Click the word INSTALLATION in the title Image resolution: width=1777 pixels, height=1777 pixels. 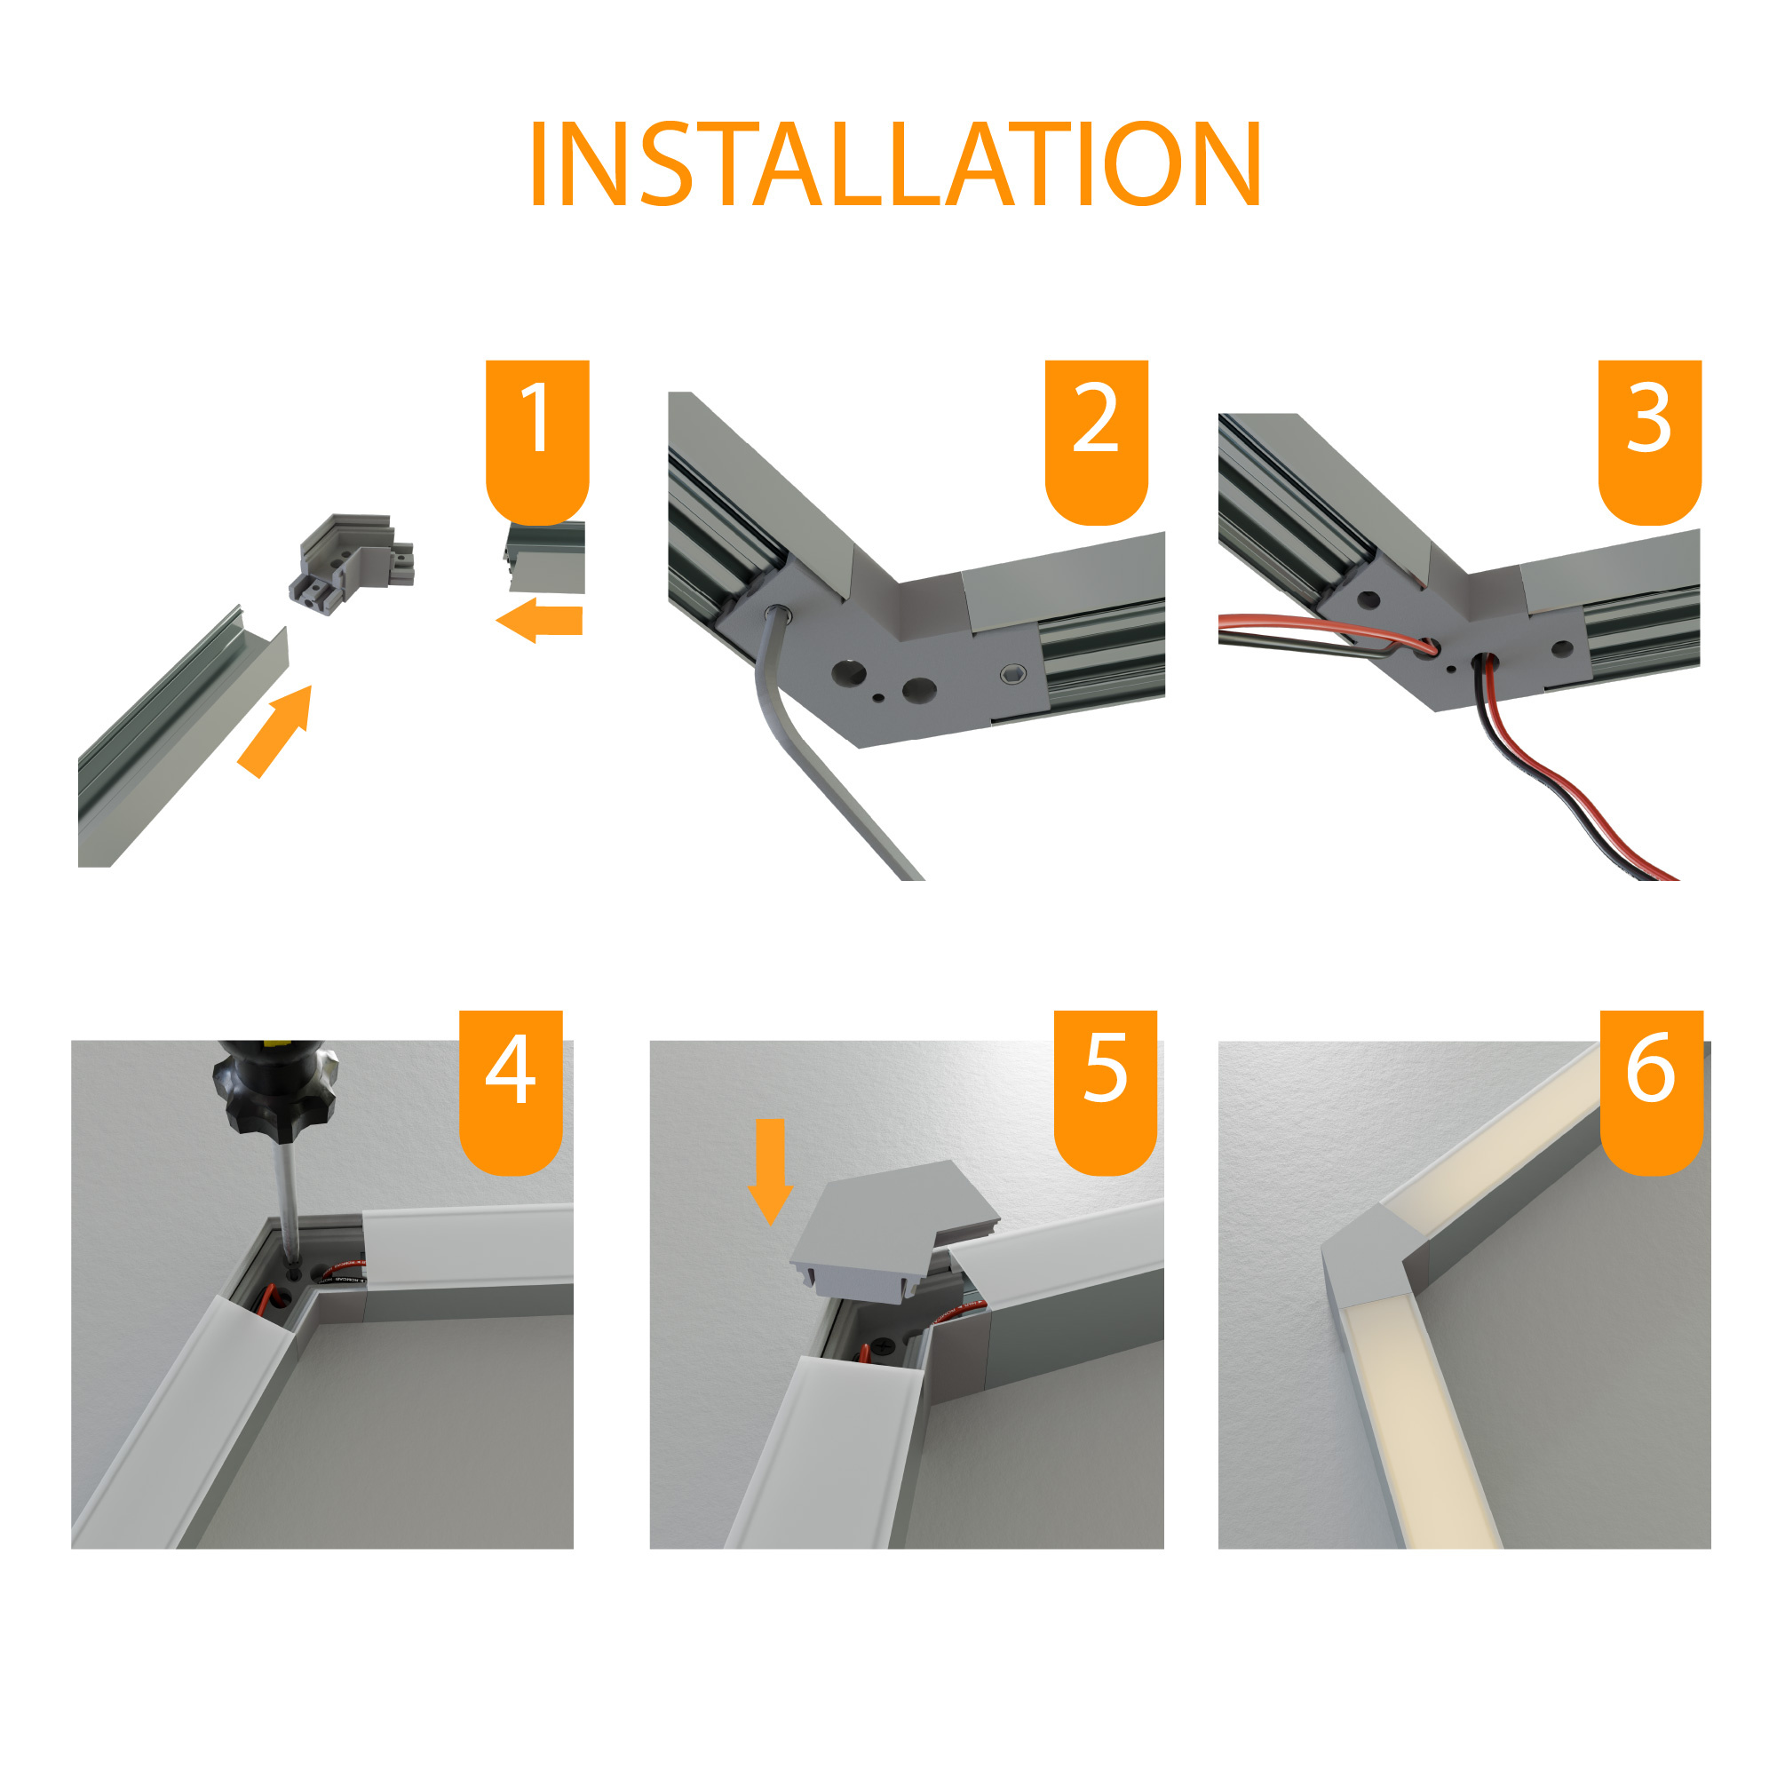coord(894,163)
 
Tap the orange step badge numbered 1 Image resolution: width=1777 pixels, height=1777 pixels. coord(537,441)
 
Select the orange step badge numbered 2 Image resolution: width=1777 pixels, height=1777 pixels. coord(1097,441)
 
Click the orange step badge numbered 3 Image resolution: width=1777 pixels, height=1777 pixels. coord(1650,441)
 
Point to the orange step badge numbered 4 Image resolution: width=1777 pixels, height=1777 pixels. coord(511,1091)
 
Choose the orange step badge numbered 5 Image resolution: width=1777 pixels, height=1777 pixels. coord(1106,1091)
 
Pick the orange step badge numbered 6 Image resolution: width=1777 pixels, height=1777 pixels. coord(1652,1091)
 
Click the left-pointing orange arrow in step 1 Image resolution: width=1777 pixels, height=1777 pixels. coord(539,621)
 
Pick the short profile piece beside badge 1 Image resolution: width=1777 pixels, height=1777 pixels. coord(544,558)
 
